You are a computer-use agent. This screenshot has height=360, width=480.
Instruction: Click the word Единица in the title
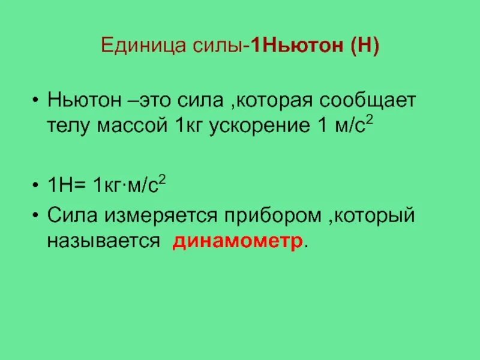(132, 46)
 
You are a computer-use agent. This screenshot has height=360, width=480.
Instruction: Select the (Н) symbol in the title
(361, 46)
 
